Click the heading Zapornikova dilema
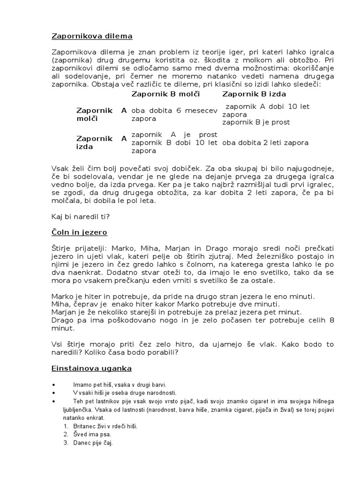click(x=92, y=36)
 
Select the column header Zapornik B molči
click(x=166, y=94)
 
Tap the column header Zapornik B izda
click(x=255, y=94)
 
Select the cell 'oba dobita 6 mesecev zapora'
click(x=174, y=114)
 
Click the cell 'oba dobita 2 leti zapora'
click(x=265, y=142)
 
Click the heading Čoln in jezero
click(x=79, y=232)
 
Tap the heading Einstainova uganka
click(x=92, y=368)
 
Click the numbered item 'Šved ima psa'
click(x=92, y=435)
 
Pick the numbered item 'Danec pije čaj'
click(x=93, y=443)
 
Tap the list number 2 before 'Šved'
click(x=66, y=435)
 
